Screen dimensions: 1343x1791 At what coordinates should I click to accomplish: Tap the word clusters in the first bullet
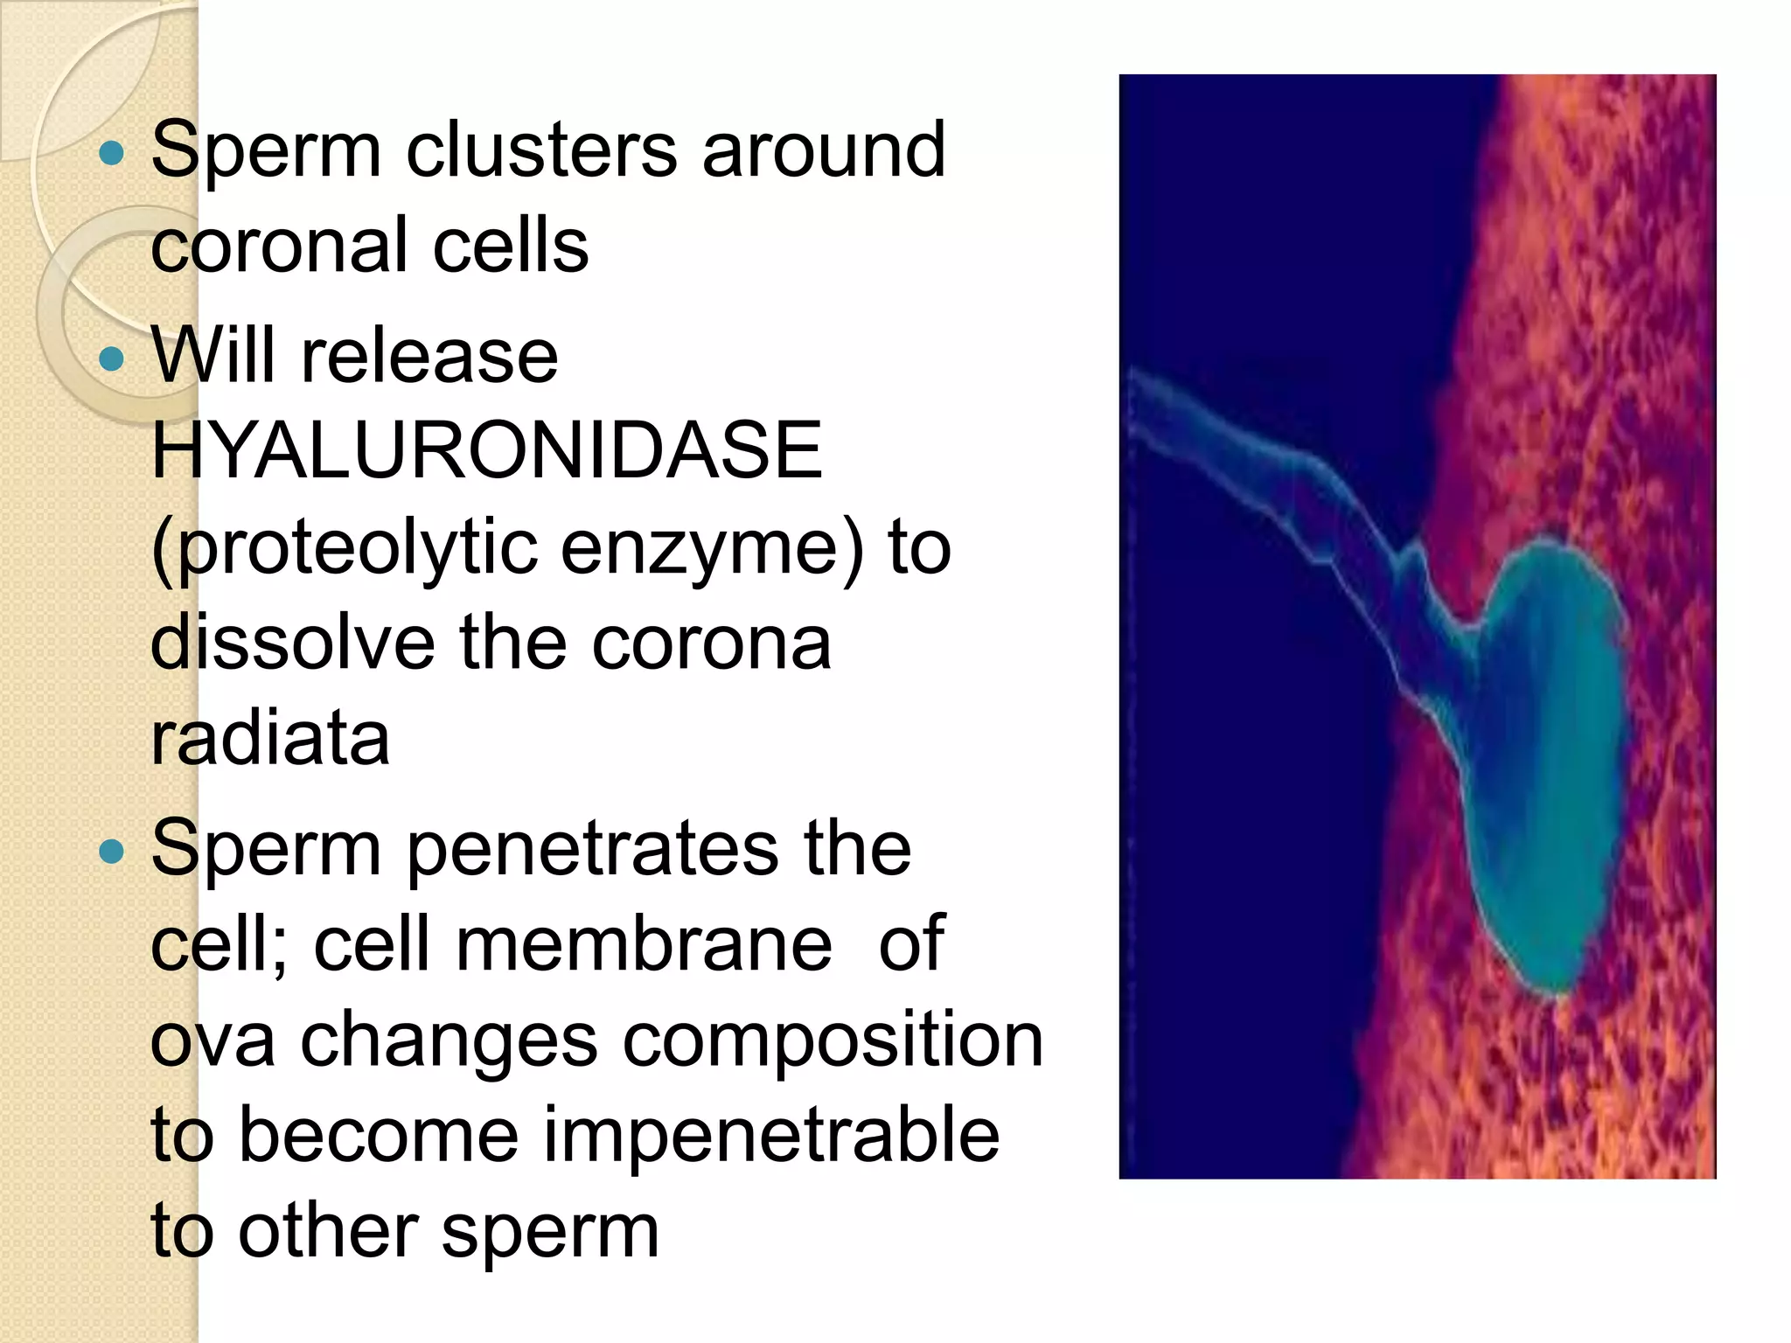tap(541, 150)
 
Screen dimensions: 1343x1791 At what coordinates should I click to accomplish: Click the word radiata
tap(269, 738)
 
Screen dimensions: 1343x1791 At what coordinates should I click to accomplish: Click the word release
tap(429, 357)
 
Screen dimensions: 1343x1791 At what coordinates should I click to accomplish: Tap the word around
tap(823, 150)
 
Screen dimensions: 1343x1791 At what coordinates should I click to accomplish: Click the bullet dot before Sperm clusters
tap(112, 155)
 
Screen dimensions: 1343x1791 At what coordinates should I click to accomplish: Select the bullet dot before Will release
tap(112, 358)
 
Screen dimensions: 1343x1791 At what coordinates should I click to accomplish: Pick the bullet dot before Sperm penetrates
tap(112, 851)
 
